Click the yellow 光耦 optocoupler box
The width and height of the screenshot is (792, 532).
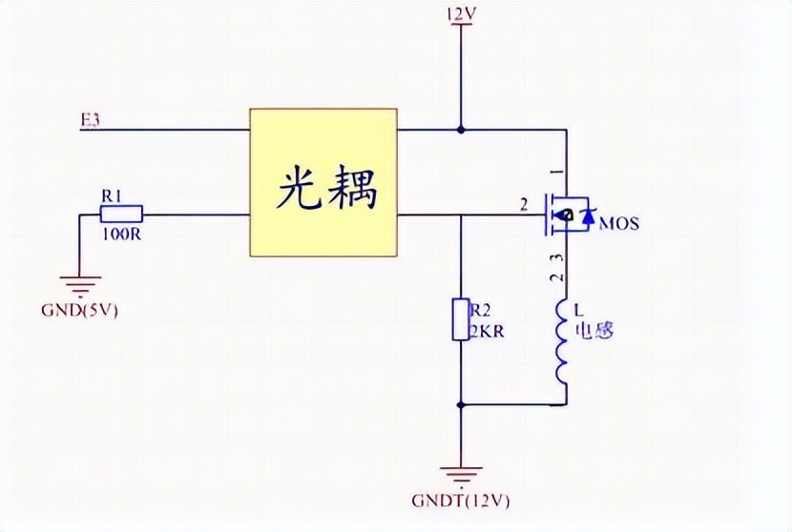[x=323, y=182]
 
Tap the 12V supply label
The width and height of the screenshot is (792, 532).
[x=461, y=14]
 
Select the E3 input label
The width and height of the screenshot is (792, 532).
[x=91, y=119]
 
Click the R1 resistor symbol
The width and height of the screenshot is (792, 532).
[x=121, y=213]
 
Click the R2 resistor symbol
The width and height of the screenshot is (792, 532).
[x=461, y=318]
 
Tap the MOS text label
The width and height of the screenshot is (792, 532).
[x=618, y=224]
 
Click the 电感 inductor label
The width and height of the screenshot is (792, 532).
[x=593, y=331]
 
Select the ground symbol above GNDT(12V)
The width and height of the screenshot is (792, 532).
[x=461, y=474]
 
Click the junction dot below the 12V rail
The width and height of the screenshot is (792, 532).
[x=461, y=129]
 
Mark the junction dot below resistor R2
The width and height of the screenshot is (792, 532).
[x=461, y=404]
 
